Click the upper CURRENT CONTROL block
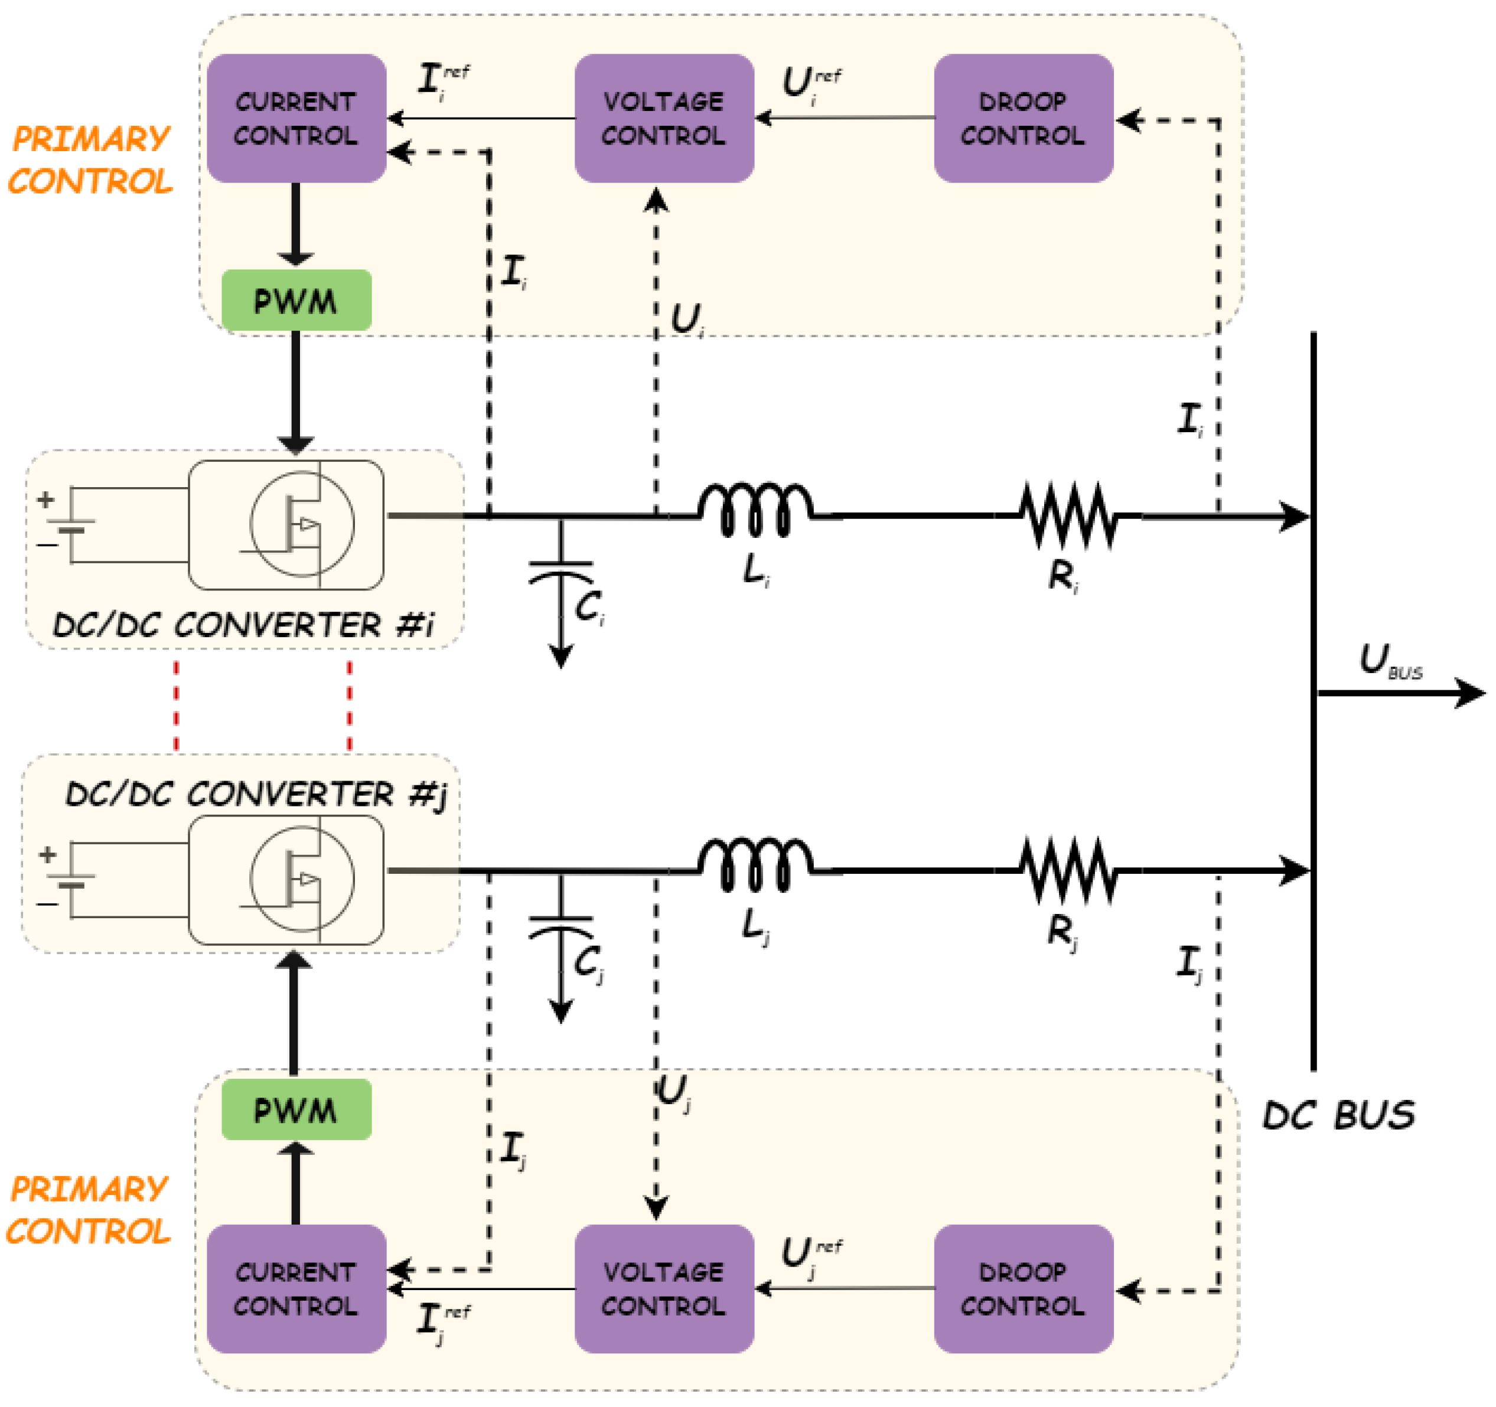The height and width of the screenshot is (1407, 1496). (x=296, y=118)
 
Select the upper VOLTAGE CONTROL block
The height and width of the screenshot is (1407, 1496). (x=664, y=118)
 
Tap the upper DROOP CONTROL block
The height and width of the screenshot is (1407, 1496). (x=1023, y=118)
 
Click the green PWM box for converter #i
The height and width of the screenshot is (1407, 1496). (x=296, y=300)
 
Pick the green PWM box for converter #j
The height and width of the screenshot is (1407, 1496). (x=296, y=1110)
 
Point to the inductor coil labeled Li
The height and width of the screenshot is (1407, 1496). (x=755, y=512)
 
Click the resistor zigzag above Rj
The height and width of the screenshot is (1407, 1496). (x=1067, y=870)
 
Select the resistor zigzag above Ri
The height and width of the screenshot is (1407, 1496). (x=1067, y=515)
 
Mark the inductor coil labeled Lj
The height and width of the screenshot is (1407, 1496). (x=755, y=867)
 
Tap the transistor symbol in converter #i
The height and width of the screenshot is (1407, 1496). (x=302, y=524)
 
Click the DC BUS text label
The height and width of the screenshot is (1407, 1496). (x=1337, y=1115)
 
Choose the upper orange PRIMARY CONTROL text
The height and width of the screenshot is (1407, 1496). (x=90, y=159)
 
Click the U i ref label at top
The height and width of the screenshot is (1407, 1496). (x=811, y=83)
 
